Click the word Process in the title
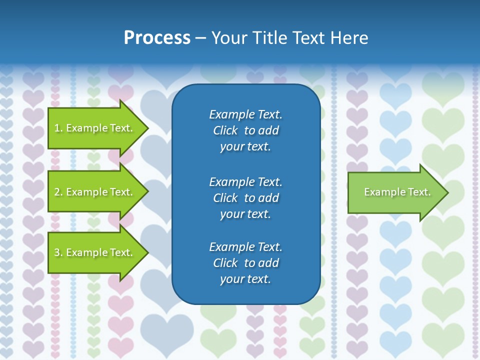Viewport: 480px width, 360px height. point(157,38)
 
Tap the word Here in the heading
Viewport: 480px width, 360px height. point(349,38)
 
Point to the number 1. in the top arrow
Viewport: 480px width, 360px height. point(58,128)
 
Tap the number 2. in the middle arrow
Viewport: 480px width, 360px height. point(58,192)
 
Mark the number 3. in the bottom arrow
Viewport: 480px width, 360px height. point(58,252)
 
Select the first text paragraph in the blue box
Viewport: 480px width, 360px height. point(245,130)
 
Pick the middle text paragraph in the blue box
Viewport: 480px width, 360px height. point(245,198)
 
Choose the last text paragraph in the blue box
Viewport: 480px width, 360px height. point(245,263)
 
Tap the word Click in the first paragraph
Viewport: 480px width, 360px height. point(225,130)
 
